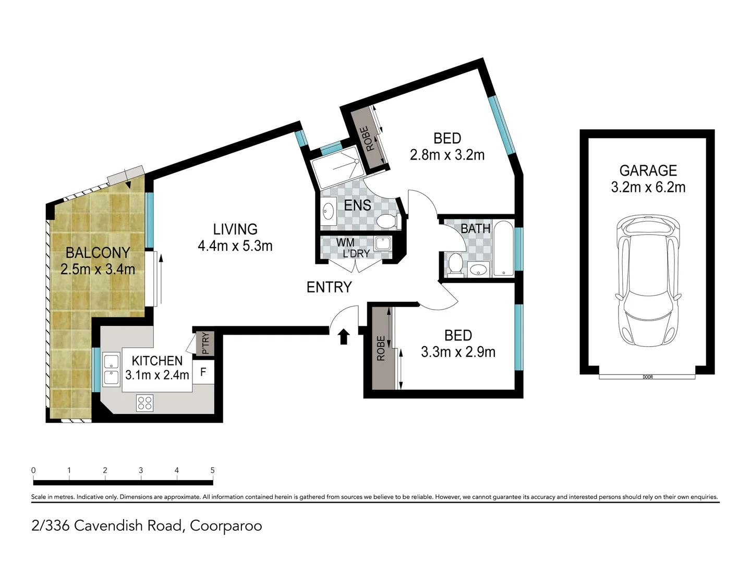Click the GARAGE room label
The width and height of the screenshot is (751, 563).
pyautogui.click(x=648, y=170)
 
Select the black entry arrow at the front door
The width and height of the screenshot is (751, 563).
pyautogui.click(x=344, y=337)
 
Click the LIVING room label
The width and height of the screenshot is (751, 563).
pyautogui.click(x=235, y=229)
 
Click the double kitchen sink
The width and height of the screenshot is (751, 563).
pyautogui.click(x=111, y=370)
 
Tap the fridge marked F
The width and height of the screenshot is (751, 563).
pyautogui.click(x=203, y=372)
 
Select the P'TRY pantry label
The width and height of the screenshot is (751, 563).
pyautogui.click(x=205, y=344)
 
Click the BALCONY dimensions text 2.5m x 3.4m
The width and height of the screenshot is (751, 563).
pyautogui.click(x=98, y=270)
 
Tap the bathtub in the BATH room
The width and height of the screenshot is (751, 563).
pyautogui.click(x=503, y=248)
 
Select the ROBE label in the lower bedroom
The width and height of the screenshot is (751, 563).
pyautogui.click(x=381, y=349)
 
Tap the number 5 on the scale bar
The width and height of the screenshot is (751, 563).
pyautogui.click(x=212, y=470)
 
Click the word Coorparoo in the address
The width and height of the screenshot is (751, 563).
pyautogui.click(x=226, y=525)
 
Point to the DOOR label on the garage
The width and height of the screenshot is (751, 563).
pyautogui.click(x=648, y=377)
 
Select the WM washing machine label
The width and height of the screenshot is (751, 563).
pyautogui.click(x=345, y=243)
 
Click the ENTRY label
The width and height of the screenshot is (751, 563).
pyautogui.click(x=329, y=287)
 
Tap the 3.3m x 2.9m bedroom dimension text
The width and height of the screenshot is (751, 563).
pyautogui.click(x=458, y=352)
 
